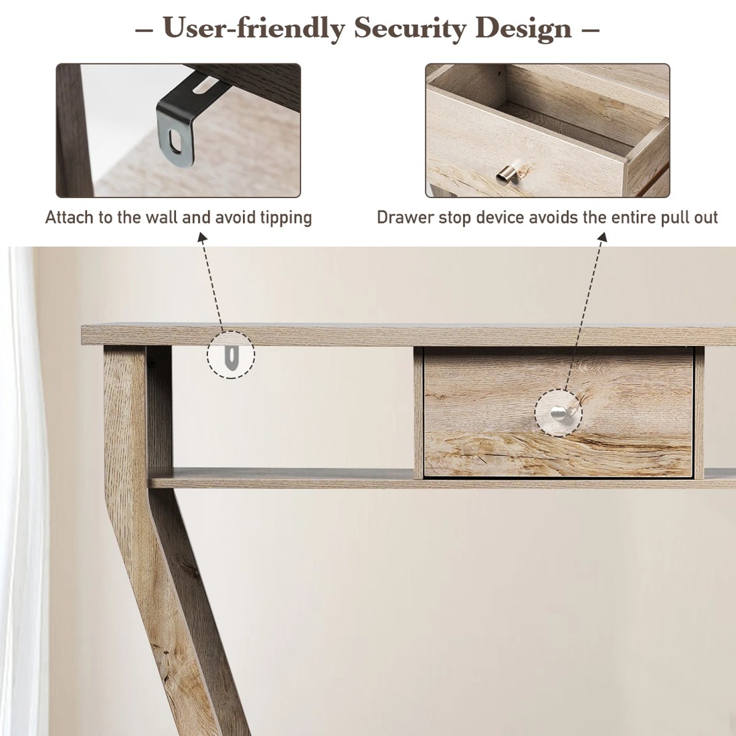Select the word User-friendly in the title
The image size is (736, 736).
click(254, 28)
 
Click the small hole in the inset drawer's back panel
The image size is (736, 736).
click(500, 70)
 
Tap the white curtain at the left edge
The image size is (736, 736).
click(20, 468)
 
